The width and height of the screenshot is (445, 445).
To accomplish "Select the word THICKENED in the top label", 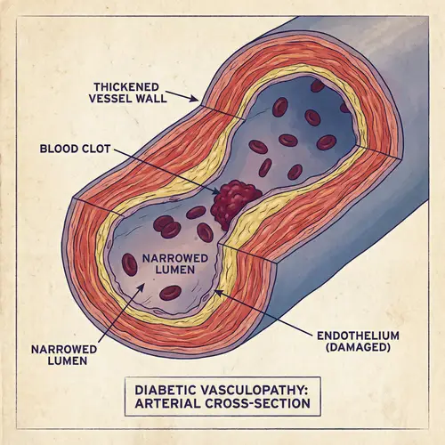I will coord(126,86).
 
